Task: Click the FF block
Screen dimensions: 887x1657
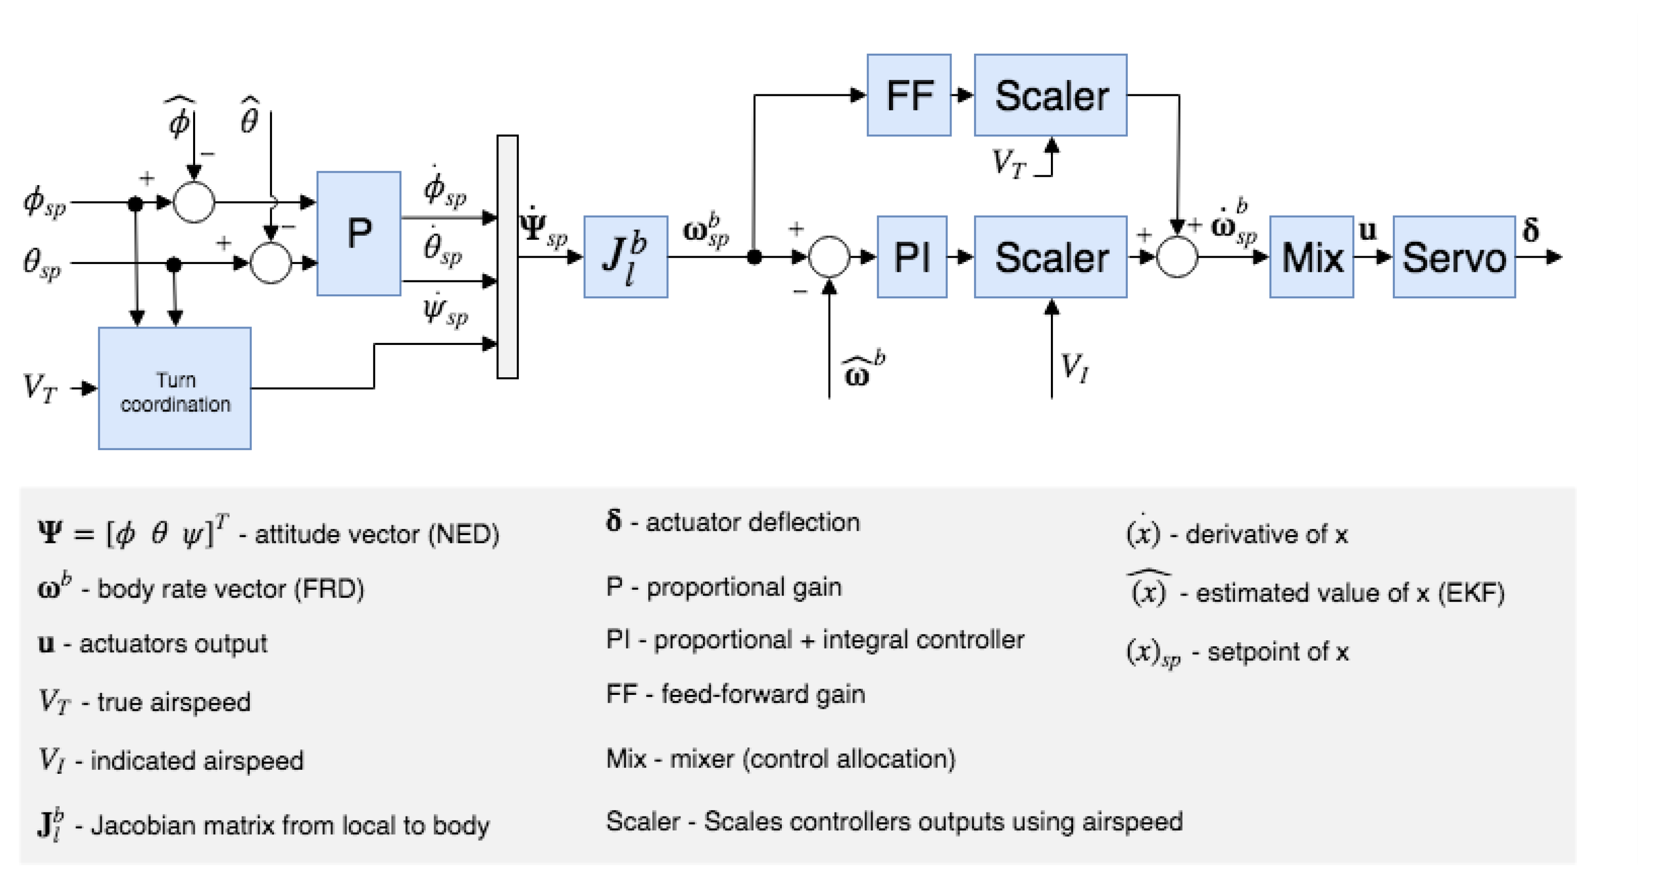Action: click(908, 95)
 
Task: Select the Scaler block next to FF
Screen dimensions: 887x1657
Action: click(1050, 95)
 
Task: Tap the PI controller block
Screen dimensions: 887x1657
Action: click(911, 257)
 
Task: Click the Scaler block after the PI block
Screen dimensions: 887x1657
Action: click(1050, 257)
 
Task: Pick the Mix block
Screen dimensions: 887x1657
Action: click(1311, 257)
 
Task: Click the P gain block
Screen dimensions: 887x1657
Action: click(358, 233)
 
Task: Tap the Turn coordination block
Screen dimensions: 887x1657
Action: click(174, 388)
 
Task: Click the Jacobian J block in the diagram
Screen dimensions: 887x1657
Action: click(625, 257)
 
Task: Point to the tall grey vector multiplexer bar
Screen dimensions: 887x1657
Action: click(507, 257)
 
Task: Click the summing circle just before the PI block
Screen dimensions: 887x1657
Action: click(828, 257)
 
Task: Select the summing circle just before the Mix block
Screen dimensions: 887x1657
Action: click(1176, 257)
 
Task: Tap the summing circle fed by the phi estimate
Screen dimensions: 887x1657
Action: click(194, 202)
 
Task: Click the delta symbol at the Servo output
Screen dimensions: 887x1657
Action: click(1530, 230)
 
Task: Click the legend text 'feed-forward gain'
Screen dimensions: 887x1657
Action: click(762, 694)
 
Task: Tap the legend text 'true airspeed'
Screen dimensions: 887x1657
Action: click(173, 702)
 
